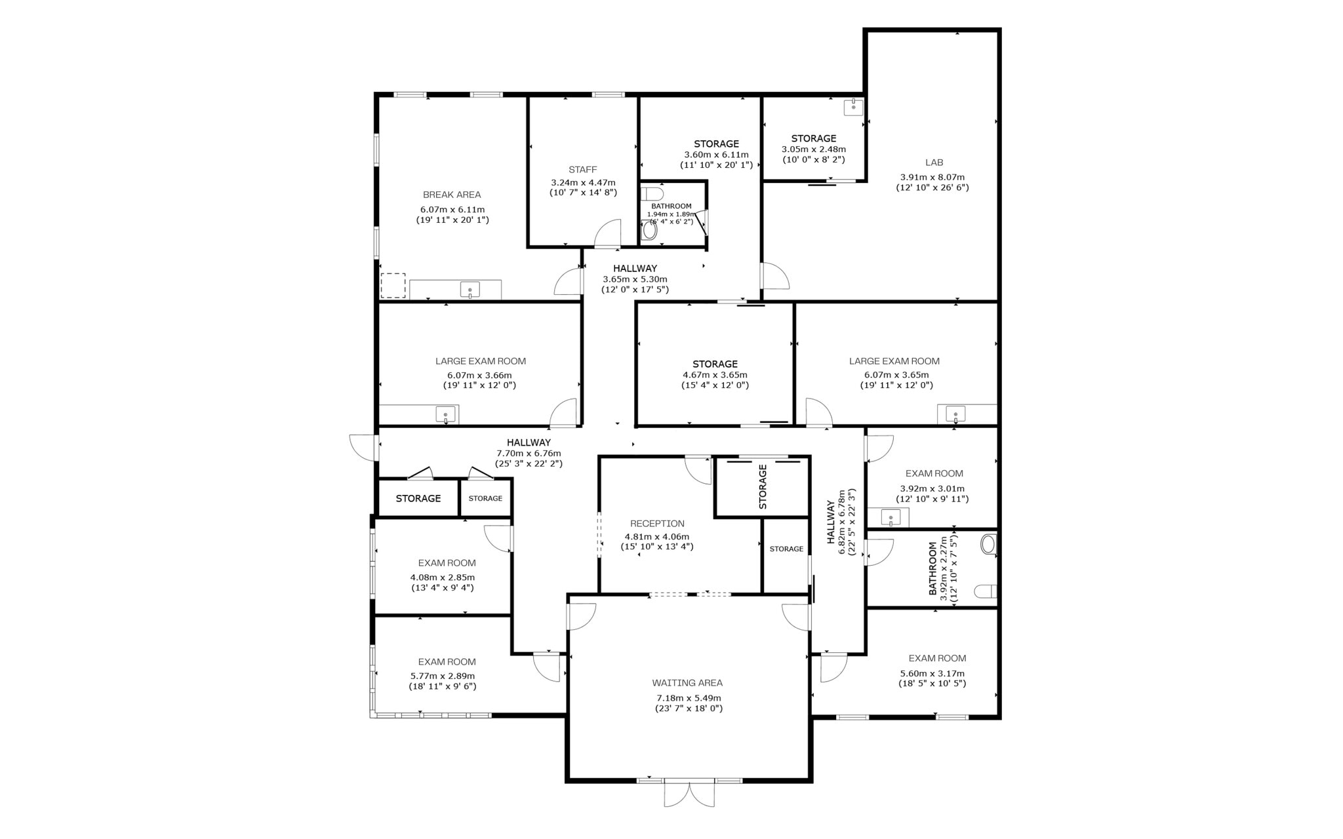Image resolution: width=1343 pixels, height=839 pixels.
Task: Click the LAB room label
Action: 934,163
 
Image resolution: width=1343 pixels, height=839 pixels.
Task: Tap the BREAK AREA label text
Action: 452,195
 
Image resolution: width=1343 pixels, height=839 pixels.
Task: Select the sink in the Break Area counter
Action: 470,289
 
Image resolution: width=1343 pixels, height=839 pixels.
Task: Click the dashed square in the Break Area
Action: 393,286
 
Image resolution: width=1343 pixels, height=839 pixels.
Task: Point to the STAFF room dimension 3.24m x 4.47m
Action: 583,183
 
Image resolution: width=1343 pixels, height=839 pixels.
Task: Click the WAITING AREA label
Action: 687,683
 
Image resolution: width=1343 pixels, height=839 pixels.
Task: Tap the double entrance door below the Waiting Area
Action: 689,793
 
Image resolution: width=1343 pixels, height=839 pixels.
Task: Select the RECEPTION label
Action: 657,524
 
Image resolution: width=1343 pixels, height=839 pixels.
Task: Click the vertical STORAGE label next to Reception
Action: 763,487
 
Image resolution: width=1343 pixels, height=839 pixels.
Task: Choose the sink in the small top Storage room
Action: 853,107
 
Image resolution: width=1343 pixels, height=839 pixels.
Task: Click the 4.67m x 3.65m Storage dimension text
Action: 715,375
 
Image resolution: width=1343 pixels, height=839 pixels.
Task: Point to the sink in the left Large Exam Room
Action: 446,414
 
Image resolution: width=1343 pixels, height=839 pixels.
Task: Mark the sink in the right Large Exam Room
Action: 955,414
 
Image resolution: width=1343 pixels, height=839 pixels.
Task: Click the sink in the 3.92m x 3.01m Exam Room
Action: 891,518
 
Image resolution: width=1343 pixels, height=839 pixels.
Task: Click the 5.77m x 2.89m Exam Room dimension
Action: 443,676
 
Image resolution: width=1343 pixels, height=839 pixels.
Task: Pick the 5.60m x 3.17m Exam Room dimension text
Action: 932,673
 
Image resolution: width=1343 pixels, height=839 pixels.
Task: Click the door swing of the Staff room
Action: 608,234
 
